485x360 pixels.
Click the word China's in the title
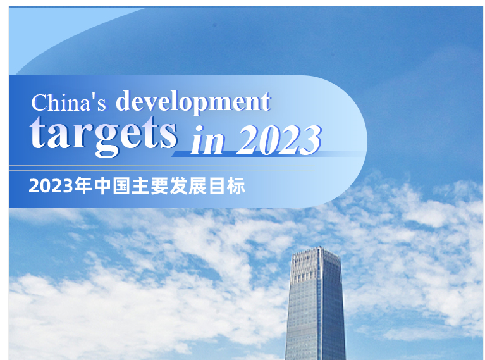69,102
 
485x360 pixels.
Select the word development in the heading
193,101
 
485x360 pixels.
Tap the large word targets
103,135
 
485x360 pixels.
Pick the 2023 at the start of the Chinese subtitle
51,186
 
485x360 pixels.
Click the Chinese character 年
83,186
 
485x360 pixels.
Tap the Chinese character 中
102,186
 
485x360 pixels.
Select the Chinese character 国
121,186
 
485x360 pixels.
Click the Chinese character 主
140,186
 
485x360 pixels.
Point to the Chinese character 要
159,186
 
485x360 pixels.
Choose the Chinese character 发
179,186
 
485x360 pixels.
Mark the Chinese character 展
198,186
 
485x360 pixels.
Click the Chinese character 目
217,186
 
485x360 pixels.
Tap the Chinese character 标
236,186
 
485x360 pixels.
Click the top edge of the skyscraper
316,249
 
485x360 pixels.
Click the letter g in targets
107,141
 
